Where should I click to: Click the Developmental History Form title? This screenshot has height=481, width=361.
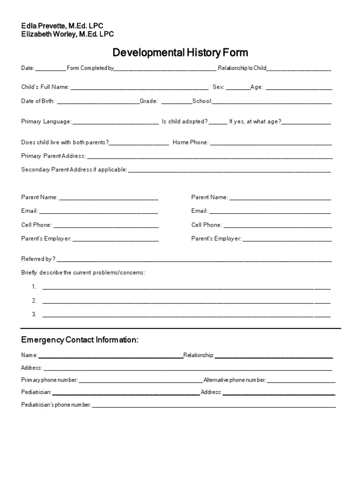point(180,53)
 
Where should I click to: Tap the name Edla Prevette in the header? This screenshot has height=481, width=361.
point(47,26)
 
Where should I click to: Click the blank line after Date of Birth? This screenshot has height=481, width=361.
point(98,101)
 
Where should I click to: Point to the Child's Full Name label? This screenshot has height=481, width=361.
point(45,87)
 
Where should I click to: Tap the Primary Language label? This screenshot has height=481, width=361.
point(46,122)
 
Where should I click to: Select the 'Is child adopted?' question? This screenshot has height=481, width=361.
point(185,122)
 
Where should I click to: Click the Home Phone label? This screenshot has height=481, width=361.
point(190,142)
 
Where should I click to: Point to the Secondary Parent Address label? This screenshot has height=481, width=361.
point(74,170)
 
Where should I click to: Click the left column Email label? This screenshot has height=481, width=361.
point(29,211)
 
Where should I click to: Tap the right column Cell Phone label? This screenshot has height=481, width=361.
point(206,225)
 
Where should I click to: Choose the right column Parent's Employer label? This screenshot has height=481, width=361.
point(216,239)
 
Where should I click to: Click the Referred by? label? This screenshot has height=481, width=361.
point(38,259)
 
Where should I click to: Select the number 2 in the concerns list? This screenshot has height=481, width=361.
point(34,301)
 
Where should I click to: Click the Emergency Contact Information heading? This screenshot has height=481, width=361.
point(80,340)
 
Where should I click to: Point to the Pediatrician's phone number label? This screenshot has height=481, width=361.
point(56,404)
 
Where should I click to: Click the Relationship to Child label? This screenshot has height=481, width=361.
point(242,68)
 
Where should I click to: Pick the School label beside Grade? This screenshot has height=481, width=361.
point(202,101)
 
